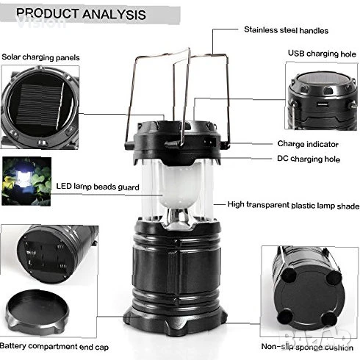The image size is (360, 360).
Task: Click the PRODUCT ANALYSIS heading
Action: [81, 14]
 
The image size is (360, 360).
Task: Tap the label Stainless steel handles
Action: [286, 30]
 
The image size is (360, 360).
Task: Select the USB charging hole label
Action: [322, 54]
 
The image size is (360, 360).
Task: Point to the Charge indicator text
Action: [308, 144]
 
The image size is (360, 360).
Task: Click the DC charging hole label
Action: [309, 159]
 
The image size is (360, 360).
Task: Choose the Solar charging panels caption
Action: [40, 57]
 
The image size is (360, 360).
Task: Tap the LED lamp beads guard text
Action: [98, 187]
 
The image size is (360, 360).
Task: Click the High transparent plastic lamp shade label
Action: [293, 205]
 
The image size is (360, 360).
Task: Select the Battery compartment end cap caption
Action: [54, 347]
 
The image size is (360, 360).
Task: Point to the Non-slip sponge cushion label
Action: [307, 347]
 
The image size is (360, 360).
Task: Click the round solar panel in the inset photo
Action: [40, 107]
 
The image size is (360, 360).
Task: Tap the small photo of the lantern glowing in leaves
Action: [26, 181]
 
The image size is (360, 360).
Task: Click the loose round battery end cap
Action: [37, 311]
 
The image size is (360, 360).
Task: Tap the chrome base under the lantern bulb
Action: [179, 219]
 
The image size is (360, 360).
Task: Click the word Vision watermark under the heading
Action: [41, 23]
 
